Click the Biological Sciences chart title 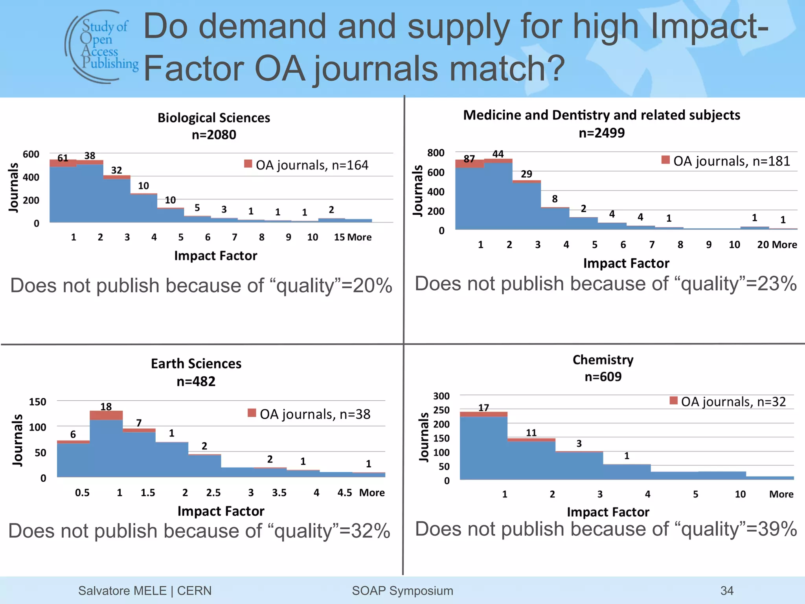click(214, 118)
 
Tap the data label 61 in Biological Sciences click(63, 158)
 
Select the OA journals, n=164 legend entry click(307, 165)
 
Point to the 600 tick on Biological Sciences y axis click(31, 154)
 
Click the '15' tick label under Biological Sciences click(339, 237)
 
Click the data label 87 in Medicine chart click(469, 159)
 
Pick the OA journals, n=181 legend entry click(726, 161)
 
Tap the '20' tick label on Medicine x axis click(763, 245)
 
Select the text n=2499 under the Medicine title click(602, 133)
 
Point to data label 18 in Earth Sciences click(106, 407)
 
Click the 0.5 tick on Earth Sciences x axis click(82, 493)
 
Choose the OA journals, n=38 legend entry click(309, 414)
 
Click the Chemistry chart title click(603, 360)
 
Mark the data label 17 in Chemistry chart click(483, 408)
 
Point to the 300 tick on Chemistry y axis click(441, 396)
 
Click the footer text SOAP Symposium click(402, 591)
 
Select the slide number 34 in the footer click(727, 591)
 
